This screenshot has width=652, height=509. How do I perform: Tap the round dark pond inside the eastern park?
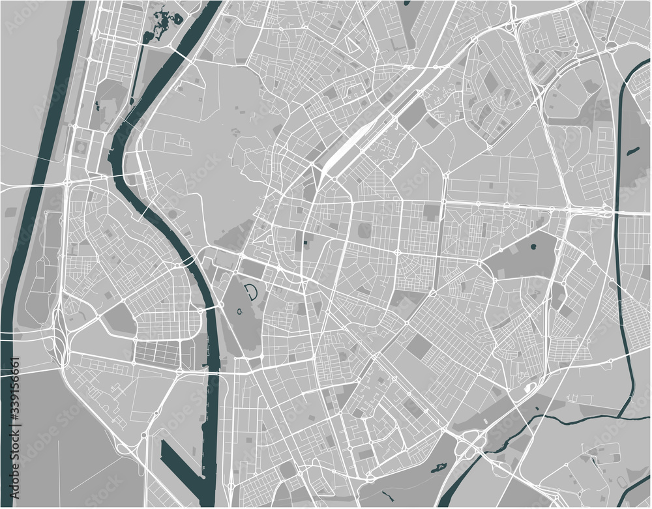pyautogui.click(x=533, y=247)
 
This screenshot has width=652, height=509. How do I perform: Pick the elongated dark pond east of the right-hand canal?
pyautogui.click(x=632, y=151)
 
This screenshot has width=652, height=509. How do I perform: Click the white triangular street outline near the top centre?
pyautogui.click(x=355, y=44)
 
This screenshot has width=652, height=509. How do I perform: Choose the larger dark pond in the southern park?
pyautogui.click(x=436, y=467)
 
